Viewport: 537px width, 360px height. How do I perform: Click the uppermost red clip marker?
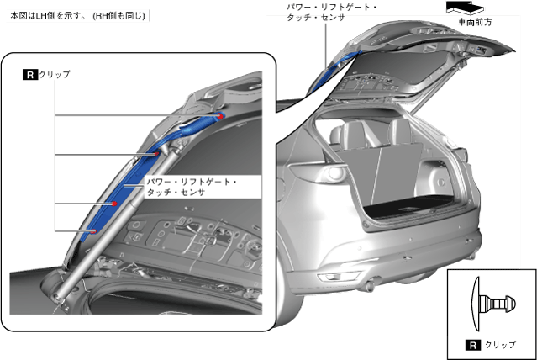click(x=220, y=116)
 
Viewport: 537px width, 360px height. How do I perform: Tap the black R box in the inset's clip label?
click(x=30, y=75)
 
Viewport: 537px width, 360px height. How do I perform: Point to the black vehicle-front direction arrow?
click(x=465, y=6)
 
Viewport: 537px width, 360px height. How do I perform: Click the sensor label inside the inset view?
click(x=192, y=187)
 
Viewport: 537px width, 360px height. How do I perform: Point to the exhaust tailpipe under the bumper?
click(x=371, y=280)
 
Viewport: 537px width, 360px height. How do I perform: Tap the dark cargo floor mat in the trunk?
click(x=417, y=203)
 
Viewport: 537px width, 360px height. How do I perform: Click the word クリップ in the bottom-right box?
click(x=501, y=345)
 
